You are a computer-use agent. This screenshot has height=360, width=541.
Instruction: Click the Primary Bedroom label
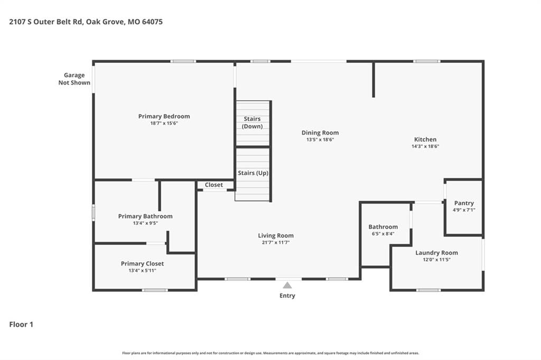click(164, 116)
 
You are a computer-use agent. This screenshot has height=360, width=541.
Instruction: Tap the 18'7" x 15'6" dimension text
click(164, 123)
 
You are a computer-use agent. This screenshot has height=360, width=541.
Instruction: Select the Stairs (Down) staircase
click(253, 123)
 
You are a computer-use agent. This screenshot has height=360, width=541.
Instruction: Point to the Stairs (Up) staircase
click(253, 175)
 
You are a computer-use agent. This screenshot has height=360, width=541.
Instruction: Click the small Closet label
click(214, 185)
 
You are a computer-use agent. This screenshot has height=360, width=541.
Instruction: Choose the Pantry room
click(464, 207)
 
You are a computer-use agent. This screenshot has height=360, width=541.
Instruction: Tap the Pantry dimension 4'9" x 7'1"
click(464, 210)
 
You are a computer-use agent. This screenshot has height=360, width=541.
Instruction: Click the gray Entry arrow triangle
click(287, 285)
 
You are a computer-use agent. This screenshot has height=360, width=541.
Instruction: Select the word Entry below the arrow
click(287, 296)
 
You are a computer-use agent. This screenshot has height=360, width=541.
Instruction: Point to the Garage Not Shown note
click(74, 79)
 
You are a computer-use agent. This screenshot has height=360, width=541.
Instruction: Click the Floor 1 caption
click(21, 325)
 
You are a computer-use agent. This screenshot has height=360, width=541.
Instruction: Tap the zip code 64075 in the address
click(152, 22)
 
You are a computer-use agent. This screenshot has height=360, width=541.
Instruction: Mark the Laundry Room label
click(436, 253)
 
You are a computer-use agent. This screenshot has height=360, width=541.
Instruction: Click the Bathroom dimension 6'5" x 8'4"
click(383, 234)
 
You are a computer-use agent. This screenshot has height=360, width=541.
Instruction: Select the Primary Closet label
click(142, 264)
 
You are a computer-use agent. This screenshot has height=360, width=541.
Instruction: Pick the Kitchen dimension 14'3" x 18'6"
click(425, 146)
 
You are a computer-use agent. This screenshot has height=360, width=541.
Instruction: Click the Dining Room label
click(320, 133)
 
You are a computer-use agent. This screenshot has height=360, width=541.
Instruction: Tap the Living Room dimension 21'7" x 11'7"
click(276, 242)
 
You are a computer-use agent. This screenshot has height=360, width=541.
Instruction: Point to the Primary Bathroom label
click(145, 216)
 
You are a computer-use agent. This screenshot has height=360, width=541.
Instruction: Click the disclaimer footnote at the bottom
click(270, 353)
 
